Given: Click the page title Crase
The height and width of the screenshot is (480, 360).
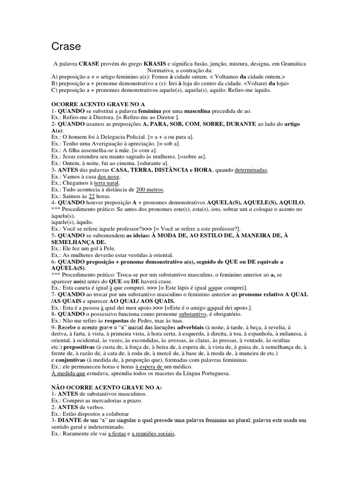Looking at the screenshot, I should click(66, 46).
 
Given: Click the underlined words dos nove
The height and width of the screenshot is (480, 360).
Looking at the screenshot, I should click(109, 177).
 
